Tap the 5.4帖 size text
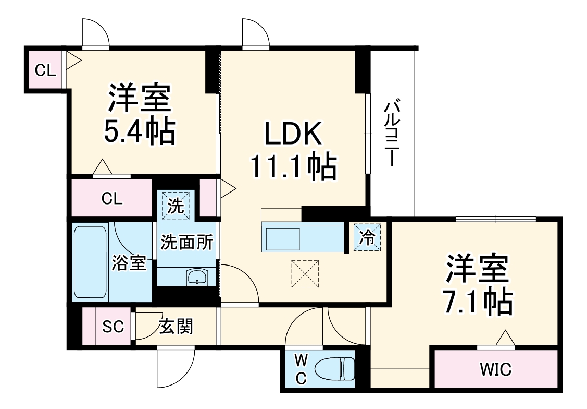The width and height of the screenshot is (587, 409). pyautogui.click(x=139, y=133)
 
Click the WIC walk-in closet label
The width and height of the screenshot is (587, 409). pyautogui.click(x=495, y=369)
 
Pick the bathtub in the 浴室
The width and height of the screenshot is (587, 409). pyautogui.click(x=90, y=262)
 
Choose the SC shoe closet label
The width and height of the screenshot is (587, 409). pyautogui.click(x=113, y=327)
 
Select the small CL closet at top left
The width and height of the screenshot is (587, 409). pyautogui.click(x=45, y=70)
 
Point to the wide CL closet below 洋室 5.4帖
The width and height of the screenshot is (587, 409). pyautogui.click(x=112, y=198)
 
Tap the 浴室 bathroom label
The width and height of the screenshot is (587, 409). pyautogui.click(x=128, y=263)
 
